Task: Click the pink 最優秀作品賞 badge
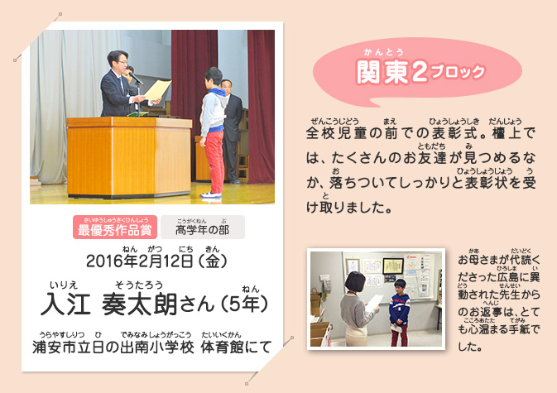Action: pos(115,228)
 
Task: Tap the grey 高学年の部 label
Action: pos(203,228)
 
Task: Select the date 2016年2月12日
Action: pos(140,261)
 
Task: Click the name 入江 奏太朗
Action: pos(108,304)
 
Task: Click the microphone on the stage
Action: pos(136,79)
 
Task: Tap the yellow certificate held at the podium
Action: pos(157,90)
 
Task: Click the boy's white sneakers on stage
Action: pos(210,195)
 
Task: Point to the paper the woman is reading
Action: pos(374,303)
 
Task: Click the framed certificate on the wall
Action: pos(392,266)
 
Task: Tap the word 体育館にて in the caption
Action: pos(236,347)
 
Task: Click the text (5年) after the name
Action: pos(244,304)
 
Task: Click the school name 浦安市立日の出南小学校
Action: pos(113,347)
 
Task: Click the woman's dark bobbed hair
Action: pos(355,282)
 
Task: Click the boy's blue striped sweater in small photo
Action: pos(399,309)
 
